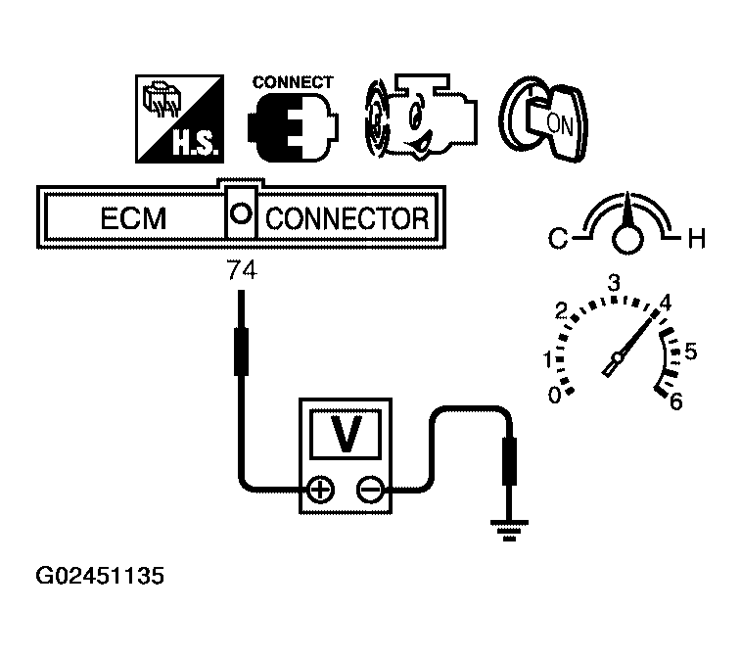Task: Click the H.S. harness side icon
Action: tap(177, 119)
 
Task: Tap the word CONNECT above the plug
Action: tap(293, 82)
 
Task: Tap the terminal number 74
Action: tap(241, 271)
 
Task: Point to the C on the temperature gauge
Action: tap(557, 237)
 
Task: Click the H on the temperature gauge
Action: tap(696, 237)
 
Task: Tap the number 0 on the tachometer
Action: tap(555, 396)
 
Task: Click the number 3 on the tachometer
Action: tap(615, 283)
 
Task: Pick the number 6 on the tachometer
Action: tap(675, 400)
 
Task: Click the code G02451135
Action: tap(100, 575)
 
